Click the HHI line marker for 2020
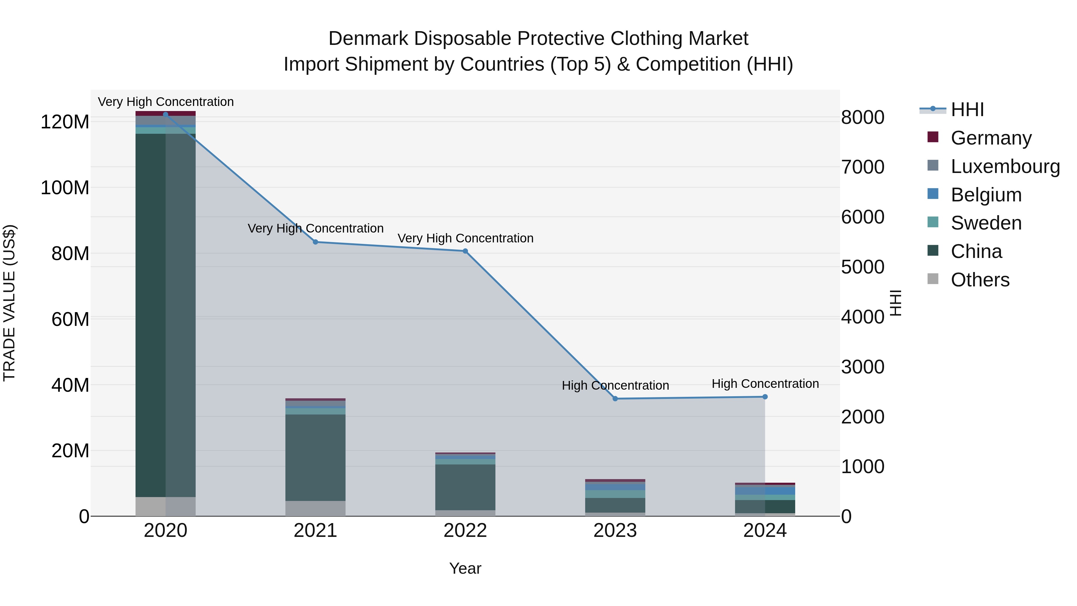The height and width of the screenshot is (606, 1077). pyautogui.click(x=165, y=114)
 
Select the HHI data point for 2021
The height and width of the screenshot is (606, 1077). pyautogui.click(x=316, y=242)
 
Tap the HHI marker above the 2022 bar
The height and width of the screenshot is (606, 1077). pyautogui.click(x=465, y=251)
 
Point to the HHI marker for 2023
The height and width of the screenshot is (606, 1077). pyautogui.click(x=615, y=399)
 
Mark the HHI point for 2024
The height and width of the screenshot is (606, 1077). pyautogui.click(x=765, y=397)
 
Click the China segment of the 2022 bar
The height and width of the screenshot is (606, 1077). pyautogui.click(x=465, y=487)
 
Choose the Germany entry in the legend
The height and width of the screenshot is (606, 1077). pyautogui.click(x=991, y=138)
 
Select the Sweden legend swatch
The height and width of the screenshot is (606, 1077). pyautogui.click(x=933, y=222)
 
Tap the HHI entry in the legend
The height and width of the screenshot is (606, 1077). pyautogui.click(x=967, y=110)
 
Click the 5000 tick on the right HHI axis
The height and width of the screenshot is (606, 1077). pyautogui.click(x=862, y=267)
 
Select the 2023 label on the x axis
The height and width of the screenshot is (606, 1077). pyautogui.click(x=615, y=531)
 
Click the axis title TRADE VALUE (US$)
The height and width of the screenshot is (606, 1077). pyautogui.click(x=9, y=303)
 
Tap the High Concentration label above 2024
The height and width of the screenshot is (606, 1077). pyautogui.click(x=765, y=384)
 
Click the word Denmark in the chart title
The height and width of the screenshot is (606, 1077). pyautogui.click(x=368, y=39)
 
